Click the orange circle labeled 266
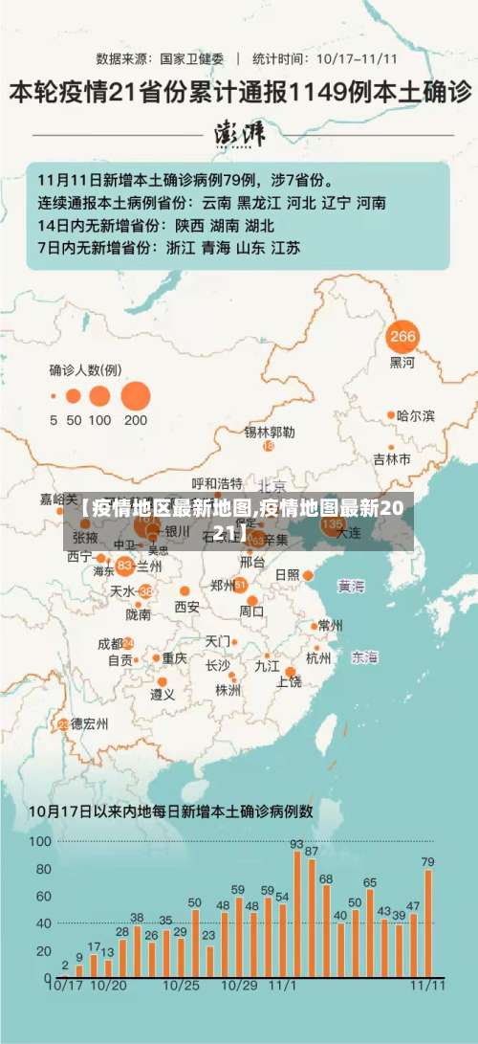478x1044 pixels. (x=403, y=336)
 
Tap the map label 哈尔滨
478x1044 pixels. (x=416, y=415)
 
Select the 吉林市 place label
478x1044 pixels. (x=391, y=458)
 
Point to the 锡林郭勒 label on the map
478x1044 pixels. (x=269, y=432)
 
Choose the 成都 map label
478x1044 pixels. (x=111, y=643)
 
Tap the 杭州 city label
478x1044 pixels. (x=318, y=658)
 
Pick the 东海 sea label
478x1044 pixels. (x=364, y=657)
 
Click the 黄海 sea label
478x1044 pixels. (x=351, y=586)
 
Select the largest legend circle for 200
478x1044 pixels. (x=136, y=395)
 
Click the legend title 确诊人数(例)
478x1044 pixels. (x=85, y=368)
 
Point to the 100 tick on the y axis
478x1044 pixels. (x=40, y=841)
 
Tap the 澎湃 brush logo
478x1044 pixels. (x=239, y=131)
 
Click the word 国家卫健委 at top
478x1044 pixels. (x=191, y=57)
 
